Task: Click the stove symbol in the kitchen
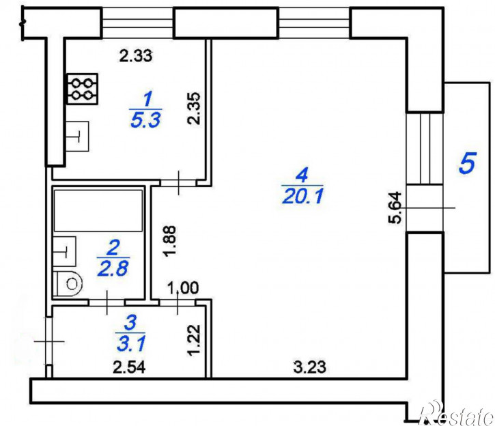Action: click(x=83, y=89)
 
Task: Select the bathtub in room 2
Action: click(x=98, y=210)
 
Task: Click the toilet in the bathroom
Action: click(x=67, y=284)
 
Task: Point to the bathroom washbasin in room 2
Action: click(x=64, y=251)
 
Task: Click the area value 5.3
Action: click(x=145, y=120)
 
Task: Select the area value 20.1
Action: click(x=302, y=197)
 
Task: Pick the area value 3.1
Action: click(x=130, y=344)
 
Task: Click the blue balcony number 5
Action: click(x=467, y=163)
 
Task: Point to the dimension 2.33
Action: click(x=136, y=56)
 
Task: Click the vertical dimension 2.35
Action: click(x=194, y=109)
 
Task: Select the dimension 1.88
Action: click(x=170, y=241)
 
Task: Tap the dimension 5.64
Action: click(x=395, y=208)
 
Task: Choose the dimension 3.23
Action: click(x=309, y=367)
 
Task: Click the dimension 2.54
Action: click(x=129, y=367)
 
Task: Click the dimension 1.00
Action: click(x=182, y=288)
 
